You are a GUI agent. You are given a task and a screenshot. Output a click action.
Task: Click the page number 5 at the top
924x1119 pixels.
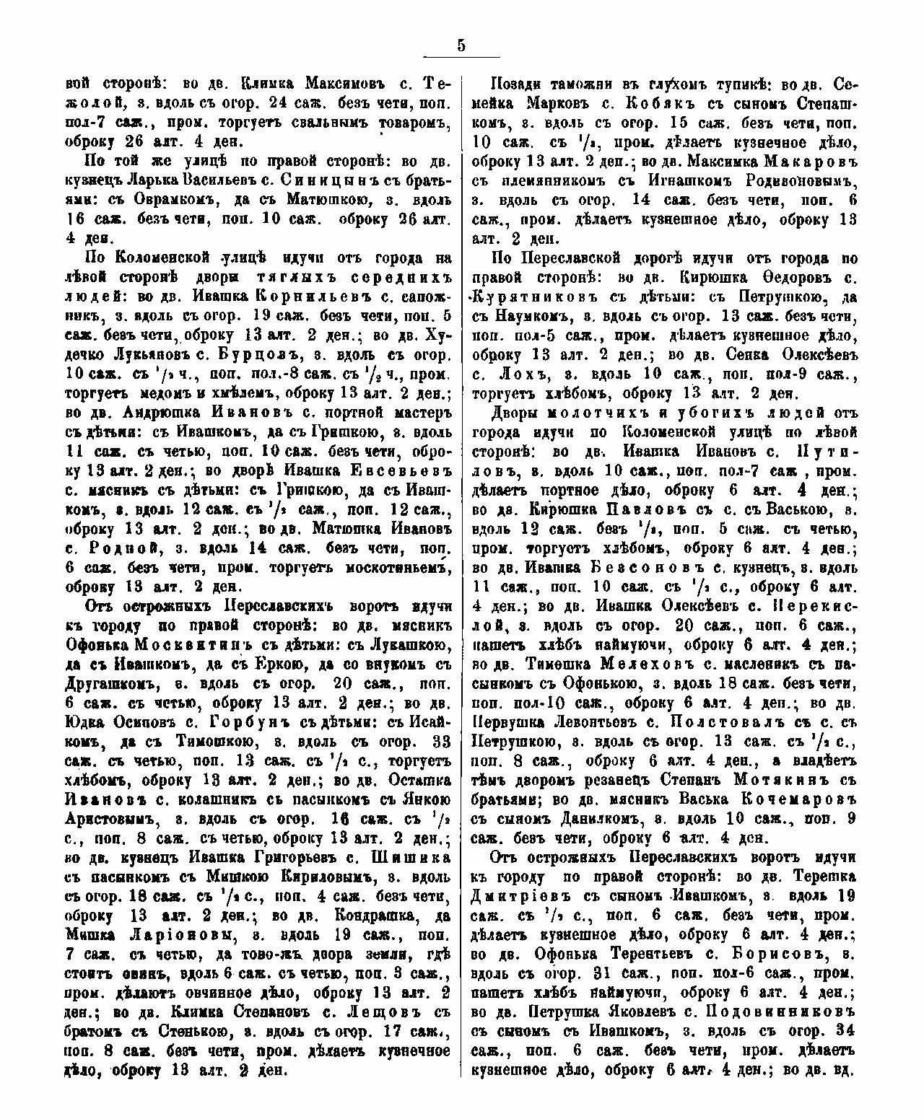(x=461, y=45)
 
